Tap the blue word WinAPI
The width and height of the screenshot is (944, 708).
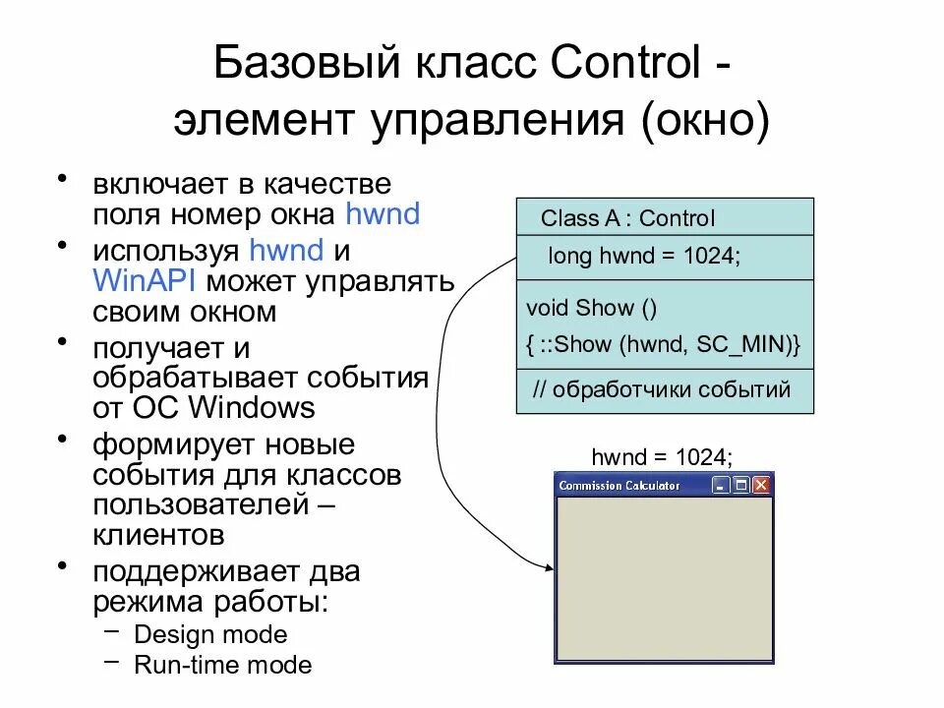146,280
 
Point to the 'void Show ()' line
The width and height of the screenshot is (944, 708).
592,308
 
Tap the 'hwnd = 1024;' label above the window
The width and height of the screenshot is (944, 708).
662,457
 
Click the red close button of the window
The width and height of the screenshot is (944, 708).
761,485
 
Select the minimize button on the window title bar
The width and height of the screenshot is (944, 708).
721,485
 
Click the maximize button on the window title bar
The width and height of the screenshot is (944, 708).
741,485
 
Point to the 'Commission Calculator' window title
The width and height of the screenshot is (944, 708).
619,485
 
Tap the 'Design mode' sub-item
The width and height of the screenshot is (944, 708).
210,634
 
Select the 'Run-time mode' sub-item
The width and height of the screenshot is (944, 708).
222,666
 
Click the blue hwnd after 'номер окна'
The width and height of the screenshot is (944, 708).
383,213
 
